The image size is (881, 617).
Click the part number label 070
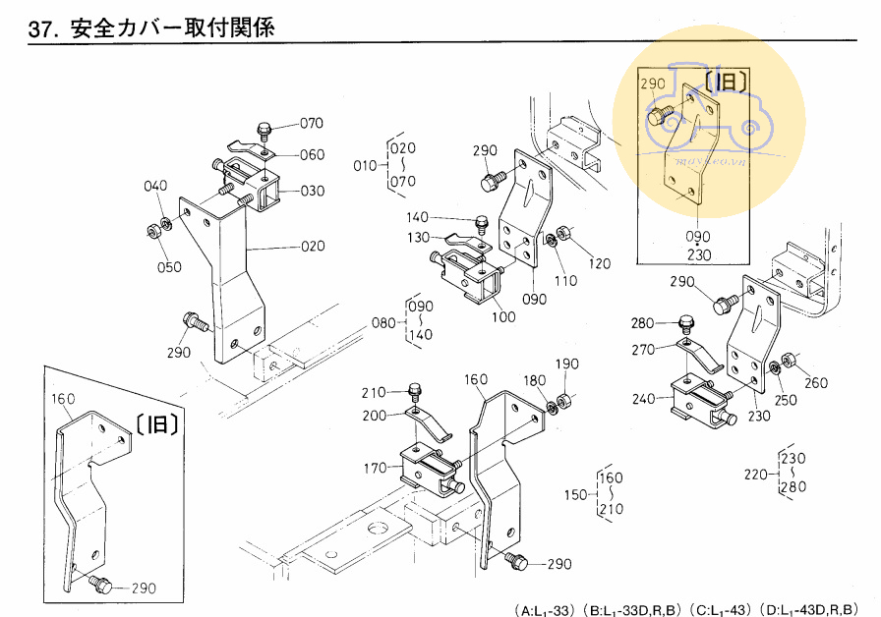[312, 124]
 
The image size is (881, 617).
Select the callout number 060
[312, 154]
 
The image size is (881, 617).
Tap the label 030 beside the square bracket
[312, 191]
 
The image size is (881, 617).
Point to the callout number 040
[155, 187]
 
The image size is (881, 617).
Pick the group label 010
[365, 165]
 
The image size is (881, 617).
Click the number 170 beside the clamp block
[374, 469]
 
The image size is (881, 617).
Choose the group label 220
[755, 474]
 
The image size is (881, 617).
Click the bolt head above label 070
[264, 128]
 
